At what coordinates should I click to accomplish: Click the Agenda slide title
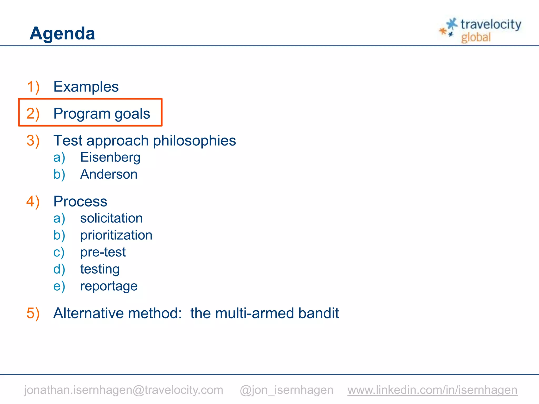(62, 33)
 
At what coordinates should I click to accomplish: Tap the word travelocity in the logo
(491, 24)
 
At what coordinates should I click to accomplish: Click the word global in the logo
(476, 37)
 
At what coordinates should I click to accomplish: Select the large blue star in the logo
(452, 24)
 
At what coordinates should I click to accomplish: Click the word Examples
(86, 87)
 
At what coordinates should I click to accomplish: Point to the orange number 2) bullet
(33, 114)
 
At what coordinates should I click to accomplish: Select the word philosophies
(194, 140)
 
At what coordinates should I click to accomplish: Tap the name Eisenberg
(110, 157)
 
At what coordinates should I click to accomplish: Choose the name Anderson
(109, 174)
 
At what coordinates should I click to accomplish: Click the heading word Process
(80, 201)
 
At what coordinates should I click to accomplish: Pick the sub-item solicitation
(111, 218)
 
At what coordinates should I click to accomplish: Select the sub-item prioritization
(116, 235)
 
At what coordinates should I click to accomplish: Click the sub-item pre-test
(103, 252)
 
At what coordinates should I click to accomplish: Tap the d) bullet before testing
(59, 269)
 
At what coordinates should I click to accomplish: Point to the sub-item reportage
(109, 286)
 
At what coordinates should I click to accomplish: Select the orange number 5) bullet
(33, 313)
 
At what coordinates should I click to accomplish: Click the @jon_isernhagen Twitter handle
(286, 390)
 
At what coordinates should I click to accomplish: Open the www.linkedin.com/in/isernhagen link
(432, 390)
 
